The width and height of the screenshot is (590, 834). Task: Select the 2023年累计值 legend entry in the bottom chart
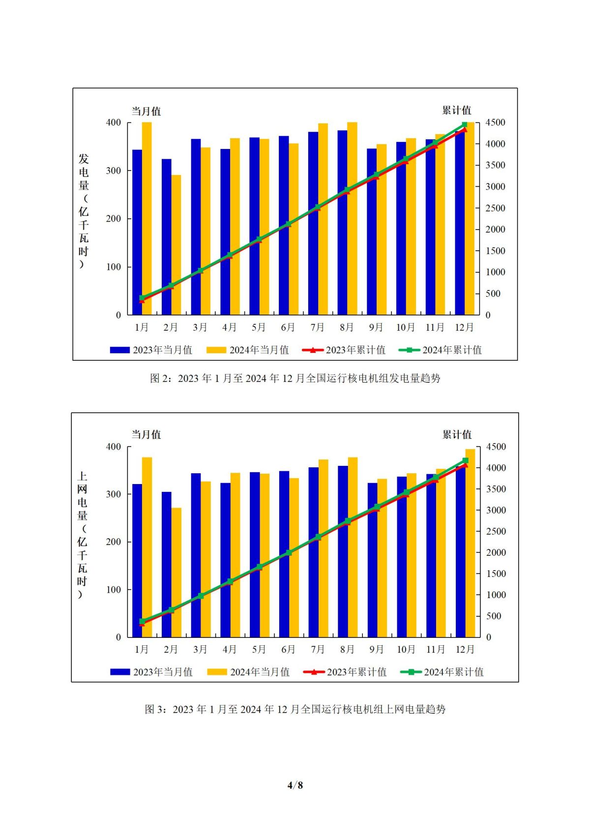pyautogui.click(x=345, y=672)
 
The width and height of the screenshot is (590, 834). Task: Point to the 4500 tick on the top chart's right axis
pyautogui.click(x=496, y=122)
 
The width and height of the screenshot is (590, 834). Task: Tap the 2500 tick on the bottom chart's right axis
pyautogui.click(x=496, y=531)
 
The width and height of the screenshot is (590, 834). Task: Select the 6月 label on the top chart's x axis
pyautogui.click(x=288, y=327)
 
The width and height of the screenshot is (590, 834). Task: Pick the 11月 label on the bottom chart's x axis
pyautogui.click(x=435, y=649)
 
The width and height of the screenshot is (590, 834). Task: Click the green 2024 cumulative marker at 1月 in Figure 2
pyautogui.click(x=142, y=297)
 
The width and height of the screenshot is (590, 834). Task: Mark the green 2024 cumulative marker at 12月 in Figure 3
pyautogui.click(x=465, y=460)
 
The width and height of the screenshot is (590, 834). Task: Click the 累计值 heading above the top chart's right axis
pyautogui.click(x=456, y=110)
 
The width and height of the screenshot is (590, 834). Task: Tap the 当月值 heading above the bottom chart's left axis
pyautogui.click(x=146, y=434)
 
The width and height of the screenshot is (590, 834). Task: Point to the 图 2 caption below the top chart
pyautogui.click(x=295, y=378)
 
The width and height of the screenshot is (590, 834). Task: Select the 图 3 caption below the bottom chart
pyautogui.click(x=295, y=709)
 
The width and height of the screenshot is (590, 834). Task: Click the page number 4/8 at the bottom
pyautogui.click(x=295, y=785)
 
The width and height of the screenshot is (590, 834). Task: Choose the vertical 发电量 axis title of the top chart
pyautogui.click(x=84, y=211)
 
